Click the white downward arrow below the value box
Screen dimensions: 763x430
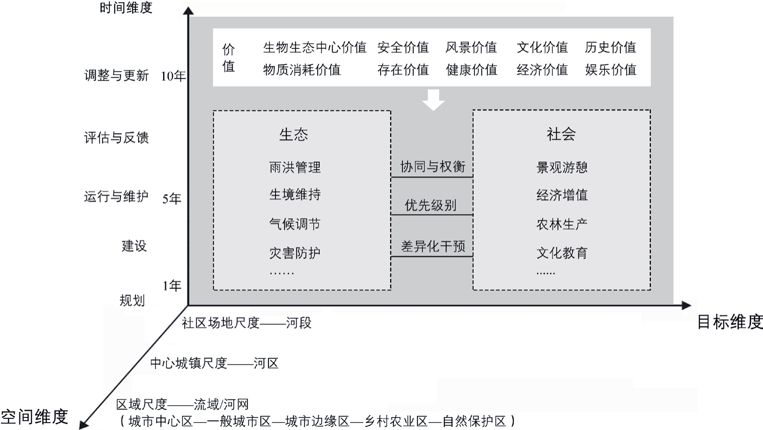(x=433, y=100)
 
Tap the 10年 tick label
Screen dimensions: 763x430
(x=173, y=76)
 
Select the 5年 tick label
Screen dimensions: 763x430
(x=172, y=199)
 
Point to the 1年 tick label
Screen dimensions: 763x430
(x=172, y=286)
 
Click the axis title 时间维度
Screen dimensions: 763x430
(x=126, y=7)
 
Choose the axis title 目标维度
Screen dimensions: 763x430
(x=730, y=322)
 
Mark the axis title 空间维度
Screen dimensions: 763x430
(x=34, y=417)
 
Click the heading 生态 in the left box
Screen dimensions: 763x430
(x=293, y=135)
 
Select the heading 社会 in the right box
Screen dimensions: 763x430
(x=561, y=134)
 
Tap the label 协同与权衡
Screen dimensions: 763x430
(x=433, y=166)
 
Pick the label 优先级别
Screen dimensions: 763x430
(x=431, y=205)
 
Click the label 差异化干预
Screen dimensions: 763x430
(x=433, y=246)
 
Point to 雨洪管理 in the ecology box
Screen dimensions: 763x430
(x=295, y=167)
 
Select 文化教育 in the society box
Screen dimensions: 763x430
(x=562, y=253)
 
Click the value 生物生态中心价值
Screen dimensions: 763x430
(x=315, y=47)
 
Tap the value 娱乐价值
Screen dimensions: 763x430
(x=611, y=70)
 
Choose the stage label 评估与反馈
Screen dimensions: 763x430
(x=116, y=138)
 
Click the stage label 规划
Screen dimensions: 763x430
(x=132, y=301)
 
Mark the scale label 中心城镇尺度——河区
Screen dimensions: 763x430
(x=214, y=364)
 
